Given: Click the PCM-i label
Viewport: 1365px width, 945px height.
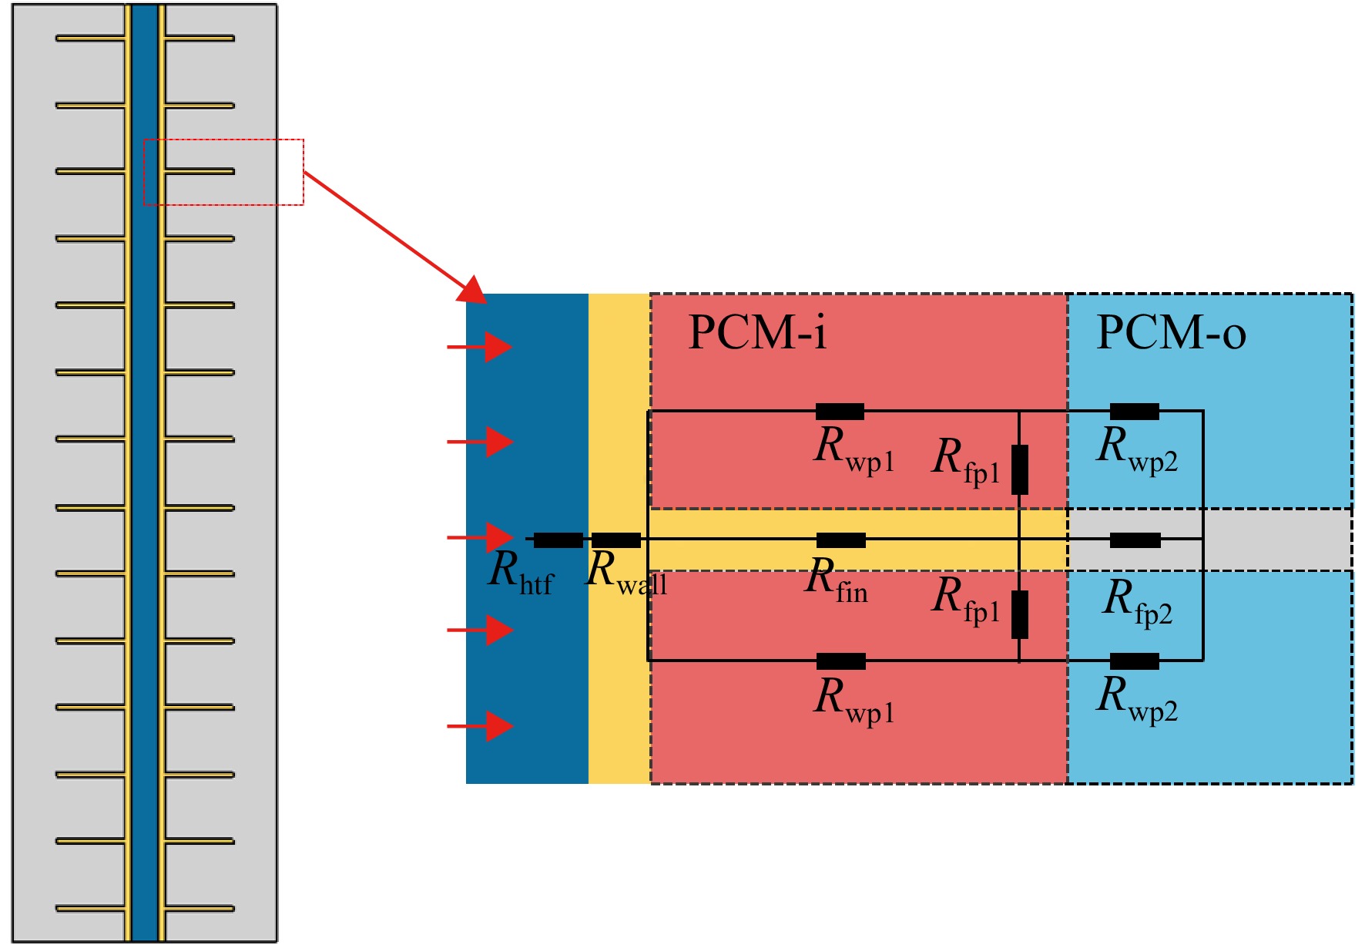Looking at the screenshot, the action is pos(757,332).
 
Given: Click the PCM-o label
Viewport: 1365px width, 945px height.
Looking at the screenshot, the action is pos(1171,332).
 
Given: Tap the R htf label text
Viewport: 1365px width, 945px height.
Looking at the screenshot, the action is pos(522,573).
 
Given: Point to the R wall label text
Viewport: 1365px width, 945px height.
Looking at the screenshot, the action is pos(626,573).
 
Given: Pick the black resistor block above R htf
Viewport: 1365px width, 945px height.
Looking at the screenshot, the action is pos(558,540).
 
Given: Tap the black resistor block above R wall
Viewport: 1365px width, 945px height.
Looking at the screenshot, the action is pos(616,540).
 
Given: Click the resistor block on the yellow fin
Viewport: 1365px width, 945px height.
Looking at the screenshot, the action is pos(841,540).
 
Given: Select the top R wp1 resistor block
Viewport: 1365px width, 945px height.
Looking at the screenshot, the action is pos(840,411).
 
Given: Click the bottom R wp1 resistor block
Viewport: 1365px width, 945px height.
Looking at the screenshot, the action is pos(841,661).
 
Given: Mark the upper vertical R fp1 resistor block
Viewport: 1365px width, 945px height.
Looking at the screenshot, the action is pos(1020,469).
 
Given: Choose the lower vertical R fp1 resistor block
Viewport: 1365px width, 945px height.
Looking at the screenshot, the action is pos(1020,614).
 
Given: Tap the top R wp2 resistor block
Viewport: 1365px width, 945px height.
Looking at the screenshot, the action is pos(1135,411).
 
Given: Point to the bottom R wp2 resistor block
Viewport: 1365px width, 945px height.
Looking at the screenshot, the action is pos(1135,661).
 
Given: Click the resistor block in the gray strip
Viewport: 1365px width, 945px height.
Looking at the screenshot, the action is pos(1135,540).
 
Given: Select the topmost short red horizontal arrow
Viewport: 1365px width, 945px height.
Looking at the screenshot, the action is pos(480,347).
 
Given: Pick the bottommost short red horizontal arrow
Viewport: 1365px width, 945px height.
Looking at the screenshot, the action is pos(480,725).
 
